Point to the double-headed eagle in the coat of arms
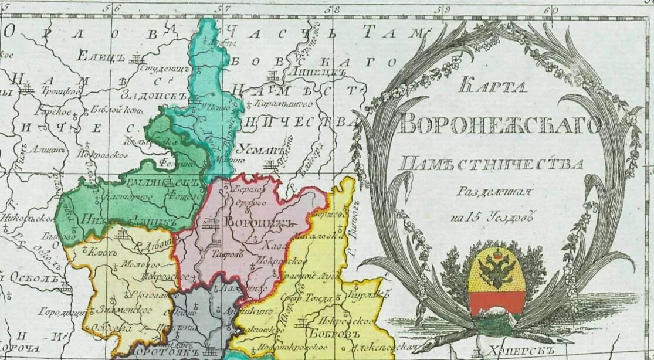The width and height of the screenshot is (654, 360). click(x=497, y=269)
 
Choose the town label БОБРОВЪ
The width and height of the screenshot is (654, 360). click(x=340, y=334)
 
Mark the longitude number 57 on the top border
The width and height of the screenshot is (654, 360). click(x=222, y=9)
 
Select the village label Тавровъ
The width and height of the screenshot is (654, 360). click(x=227, y=254)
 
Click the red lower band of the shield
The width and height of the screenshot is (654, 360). click(x=497, y=302)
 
